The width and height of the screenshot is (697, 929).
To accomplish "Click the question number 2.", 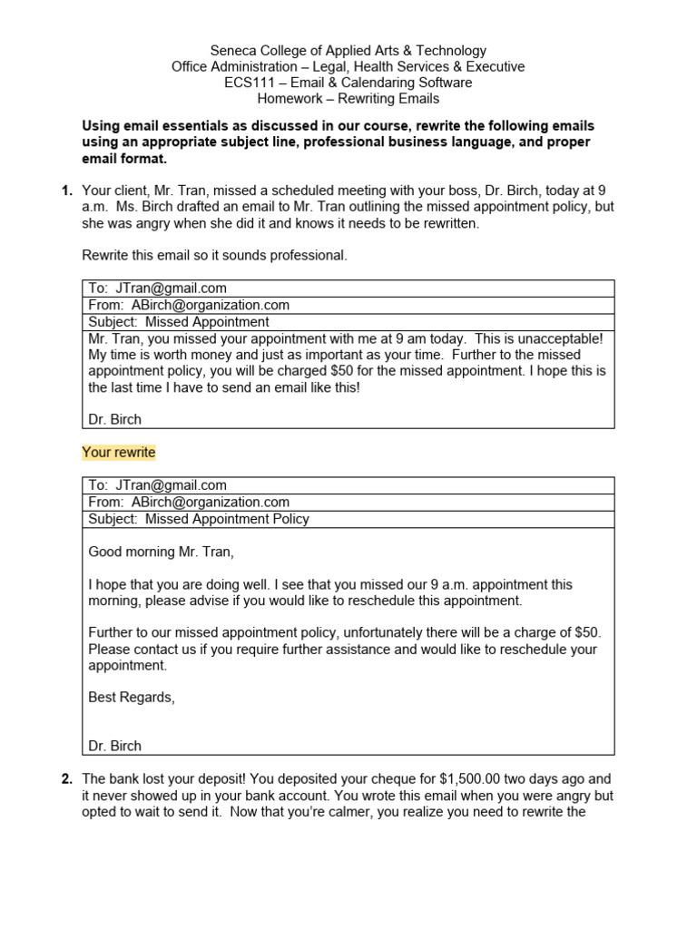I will click(x=65, y=778).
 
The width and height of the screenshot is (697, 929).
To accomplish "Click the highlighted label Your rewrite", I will click(x=119, y=452).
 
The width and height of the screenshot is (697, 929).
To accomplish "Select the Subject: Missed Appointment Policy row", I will click(x=199, y=519).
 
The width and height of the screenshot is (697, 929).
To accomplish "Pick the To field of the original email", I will click(x=157, y=288).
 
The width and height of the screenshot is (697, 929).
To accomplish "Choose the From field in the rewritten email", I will click(x=189, y=502).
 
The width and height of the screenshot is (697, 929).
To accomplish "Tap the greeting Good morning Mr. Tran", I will click(x=167, y=552).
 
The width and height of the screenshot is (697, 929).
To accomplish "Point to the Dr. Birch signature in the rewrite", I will click(x=114, y=746).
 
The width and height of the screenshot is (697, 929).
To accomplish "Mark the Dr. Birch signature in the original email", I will click(x=114, y=419).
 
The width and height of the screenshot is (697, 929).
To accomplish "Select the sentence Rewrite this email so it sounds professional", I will click(x=214, y=256).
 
